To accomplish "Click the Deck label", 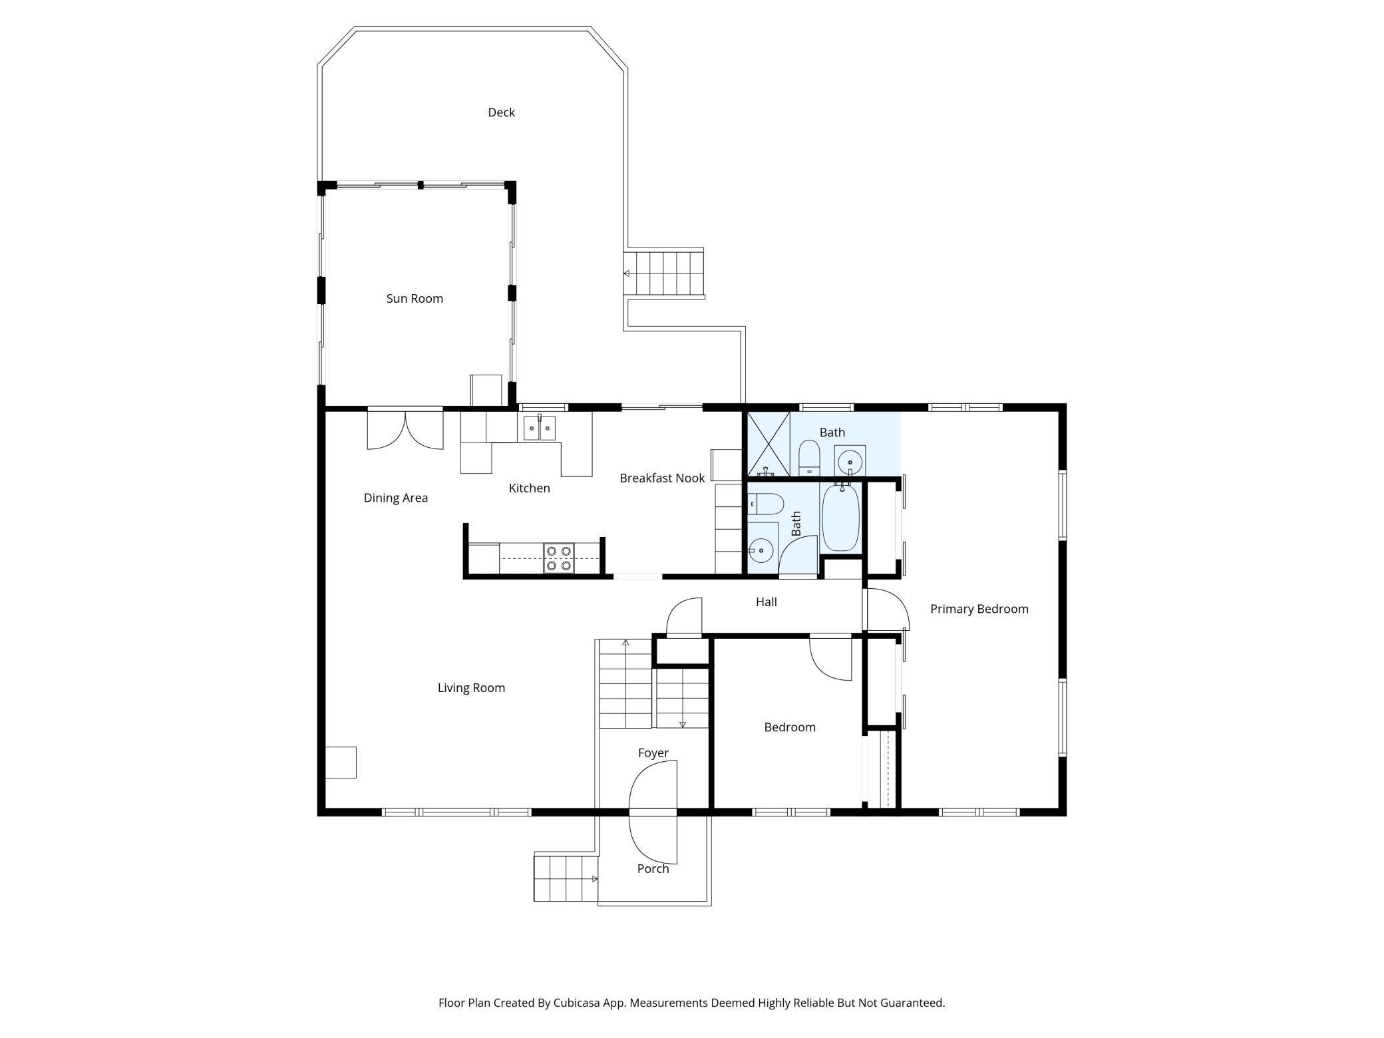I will click(501, 112).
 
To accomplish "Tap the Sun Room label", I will click(415, 299).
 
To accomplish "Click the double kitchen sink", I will click(539, 429).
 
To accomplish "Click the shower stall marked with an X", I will click(769, 444).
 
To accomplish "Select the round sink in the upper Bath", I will click(850, 461).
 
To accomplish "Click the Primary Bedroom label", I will click(979, 609).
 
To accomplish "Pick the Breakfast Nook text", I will click(662, 478).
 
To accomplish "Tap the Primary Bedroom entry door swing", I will click(887, 609).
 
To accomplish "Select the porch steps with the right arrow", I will click(566, 879).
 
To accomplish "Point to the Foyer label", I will click(653, 753).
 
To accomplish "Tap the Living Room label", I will click(471, 688).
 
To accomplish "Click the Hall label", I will click(766, 602).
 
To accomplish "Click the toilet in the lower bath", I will click(766, 504).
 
